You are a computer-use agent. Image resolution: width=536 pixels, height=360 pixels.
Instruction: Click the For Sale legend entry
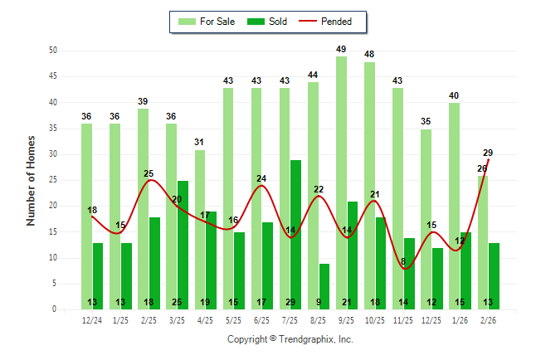click(208, 22)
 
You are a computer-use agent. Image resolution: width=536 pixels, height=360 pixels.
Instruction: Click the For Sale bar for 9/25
click(341, 182)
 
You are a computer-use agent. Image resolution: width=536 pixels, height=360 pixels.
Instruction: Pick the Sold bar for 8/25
click(324, 286)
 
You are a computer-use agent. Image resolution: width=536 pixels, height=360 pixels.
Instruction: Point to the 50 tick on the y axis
click(52, 51)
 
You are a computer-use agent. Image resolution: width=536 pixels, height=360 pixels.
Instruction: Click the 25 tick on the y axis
click(52, 180)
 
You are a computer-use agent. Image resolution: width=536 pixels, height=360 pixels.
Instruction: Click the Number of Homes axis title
click(32, 180)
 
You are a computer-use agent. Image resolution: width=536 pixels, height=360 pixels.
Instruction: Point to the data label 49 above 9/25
click(341, 50)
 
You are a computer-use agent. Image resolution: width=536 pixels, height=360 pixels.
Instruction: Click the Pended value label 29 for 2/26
click(488, 153)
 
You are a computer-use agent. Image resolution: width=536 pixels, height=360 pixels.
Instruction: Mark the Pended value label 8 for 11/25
click(403, 261)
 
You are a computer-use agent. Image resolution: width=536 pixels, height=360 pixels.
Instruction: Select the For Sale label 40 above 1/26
click(454, 96)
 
